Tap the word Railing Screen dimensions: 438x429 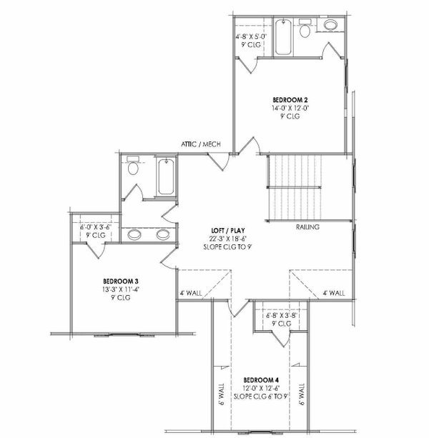pos(307,228)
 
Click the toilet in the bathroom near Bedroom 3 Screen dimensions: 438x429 pos(132,170)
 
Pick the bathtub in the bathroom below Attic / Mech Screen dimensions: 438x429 pos(166,177)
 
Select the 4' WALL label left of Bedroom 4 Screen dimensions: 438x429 pos(190,293)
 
